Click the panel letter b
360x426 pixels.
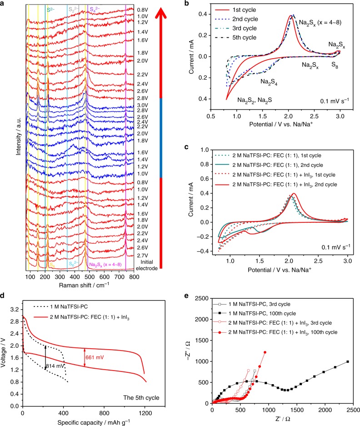click(x=186, y=3)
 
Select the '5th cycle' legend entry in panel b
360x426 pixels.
click(x=235, y=37)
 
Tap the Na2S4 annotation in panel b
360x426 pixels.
click(x=269, y=82)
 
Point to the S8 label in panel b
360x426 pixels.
click(x=335, y=65)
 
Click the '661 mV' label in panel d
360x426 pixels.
click(x=95, y=357)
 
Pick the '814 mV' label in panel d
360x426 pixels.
click(x=55, y=366)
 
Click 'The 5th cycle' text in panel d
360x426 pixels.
click(x=141, y=398)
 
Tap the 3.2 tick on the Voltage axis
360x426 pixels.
click(x=15, y=310)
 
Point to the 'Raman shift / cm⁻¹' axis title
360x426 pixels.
click(x=84, y=285)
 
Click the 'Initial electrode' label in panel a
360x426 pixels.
click(x=147, y=265)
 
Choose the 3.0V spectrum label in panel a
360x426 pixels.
click(x=142, y=105)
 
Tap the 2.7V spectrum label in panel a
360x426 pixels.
click(x=142, y=256)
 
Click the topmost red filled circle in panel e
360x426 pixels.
click(x=265, y=352)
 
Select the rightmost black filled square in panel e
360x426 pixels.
click(x=348, y=361)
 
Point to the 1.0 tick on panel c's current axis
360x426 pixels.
click(x=205, y=150)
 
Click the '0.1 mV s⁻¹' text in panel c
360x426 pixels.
click(x=336, y=247)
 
